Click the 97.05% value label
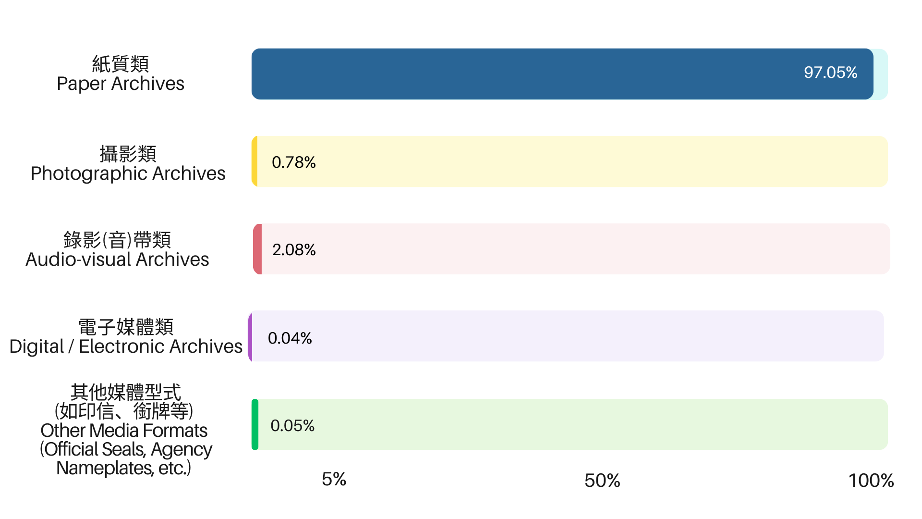830,73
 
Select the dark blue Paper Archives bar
562,74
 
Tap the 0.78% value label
293,162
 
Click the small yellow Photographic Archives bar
255,161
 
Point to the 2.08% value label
294,250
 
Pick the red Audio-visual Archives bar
257,249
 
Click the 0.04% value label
290,338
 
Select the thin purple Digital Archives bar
250,336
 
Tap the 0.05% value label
292,426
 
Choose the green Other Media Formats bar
255,424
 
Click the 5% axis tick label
334,480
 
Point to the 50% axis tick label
602,481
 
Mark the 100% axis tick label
871,481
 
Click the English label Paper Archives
121,84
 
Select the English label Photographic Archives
128,174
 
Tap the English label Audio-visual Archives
117,259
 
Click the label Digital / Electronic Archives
126,346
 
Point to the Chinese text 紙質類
121,63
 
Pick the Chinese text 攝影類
128,154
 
